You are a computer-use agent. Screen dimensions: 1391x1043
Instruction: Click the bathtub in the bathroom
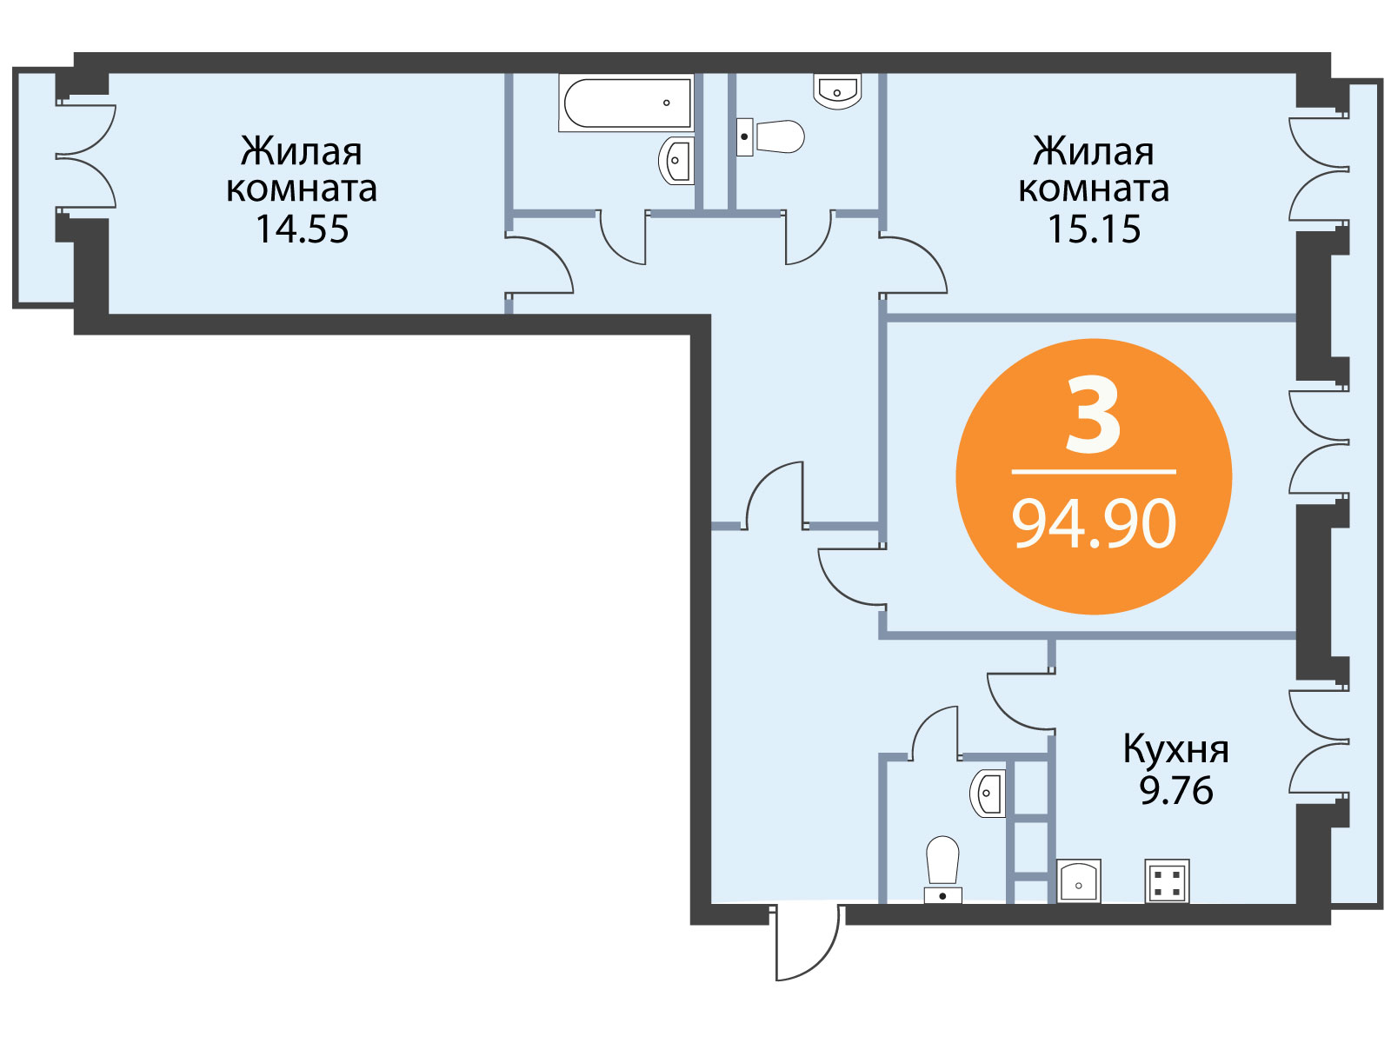[x=625, y=103]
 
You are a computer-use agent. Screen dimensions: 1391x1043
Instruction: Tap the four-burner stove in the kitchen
[x=1167, y=880]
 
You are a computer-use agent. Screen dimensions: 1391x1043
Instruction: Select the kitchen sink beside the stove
[x=1079, y=880]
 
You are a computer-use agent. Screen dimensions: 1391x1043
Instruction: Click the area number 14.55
[x=302, y=229]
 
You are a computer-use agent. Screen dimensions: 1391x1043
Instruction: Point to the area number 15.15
[x=1094, y=229]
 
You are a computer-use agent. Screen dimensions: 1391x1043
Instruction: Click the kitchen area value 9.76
[x=1176, y=791]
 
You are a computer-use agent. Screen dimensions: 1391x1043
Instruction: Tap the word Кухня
[x=1176, y=750]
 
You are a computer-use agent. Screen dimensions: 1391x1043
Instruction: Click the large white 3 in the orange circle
[x=1093, y=415]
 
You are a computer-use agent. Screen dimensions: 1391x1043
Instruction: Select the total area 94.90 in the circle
[x=1094, y=523]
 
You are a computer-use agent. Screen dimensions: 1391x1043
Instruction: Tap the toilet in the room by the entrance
[x=942, y=869]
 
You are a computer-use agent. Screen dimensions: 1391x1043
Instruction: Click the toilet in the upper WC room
[x=770, y=136]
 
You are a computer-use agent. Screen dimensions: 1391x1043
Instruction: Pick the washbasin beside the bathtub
[x=676, y=161]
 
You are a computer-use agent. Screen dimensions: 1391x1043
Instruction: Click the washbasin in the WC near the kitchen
[x=988, y=794]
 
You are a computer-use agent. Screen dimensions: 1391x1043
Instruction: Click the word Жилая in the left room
[x=302, y=152]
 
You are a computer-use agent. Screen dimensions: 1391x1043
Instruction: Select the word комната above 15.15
[x=1094, y=189]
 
